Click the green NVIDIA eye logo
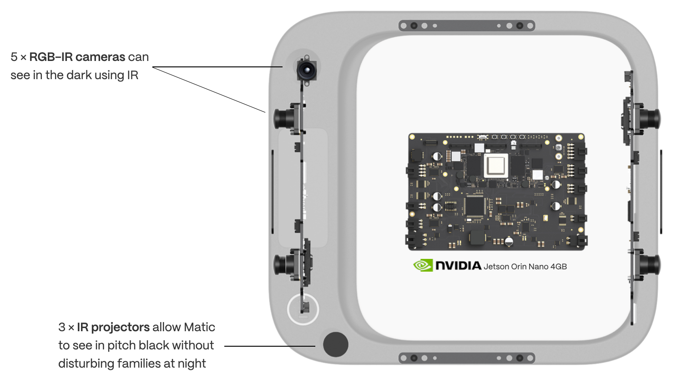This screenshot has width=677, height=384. coord(423,265)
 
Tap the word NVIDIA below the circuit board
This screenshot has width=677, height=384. coord(458,266)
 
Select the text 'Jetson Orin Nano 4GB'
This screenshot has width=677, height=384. coord(525,267)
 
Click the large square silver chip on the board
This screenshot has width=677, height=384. coord(496,166)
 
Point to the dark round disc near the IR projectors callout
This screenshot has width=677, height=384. coord(335,344)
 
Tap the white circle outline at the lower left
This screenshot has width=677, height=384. coord(303,309)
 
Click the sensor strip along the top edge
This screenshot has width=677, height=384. coord(467,25)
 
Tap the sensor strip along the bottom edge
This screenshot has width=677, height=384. coord(467,358)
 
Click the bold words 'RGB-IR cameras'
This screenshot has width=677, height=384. coord(77,57)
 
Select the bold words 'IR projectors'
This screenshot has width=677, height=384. coord(113,328)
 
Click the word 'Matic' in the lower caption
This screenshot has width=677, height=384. coord(199,327)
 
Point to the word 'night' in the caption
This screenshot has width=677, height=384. coord(192,364)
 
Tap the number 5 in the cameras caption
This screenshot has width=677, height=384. coord(14,57)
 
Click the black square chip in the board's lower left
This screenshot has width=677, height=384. coord(475,206)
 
